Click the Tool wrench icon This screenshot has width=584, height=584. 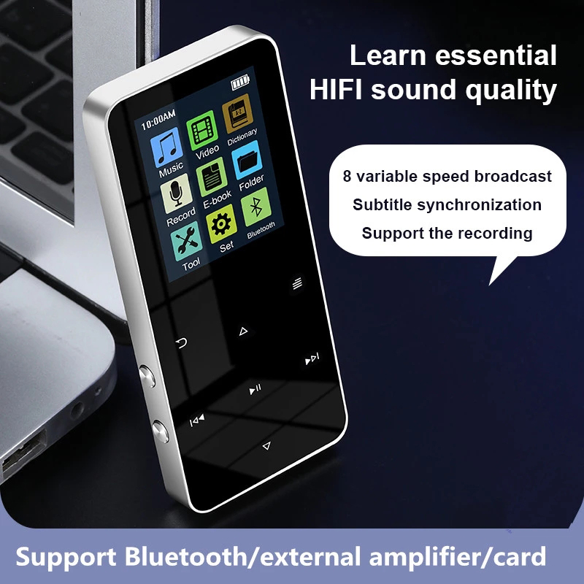pyautogui.click(x=185, y=239)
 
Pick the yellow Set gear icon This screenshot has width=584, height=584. pyautogui.click(x=222, y=223)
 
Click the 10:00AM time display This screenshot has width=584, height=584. pyautogui.click(x=158, y=115)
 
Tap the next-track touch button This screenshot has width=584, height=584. pyautogui.click(x=312, y=358)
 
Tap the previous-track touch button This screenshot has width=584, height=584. pyautogui.click(x=197, y=420)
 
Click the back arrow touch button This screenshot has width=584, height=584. pyautogui.click(x=181, y=342)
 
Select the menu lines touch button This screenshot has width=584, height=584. pyautogui.click(x=296, y=284)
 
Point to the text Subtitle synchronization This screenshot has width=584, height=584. pyautogui.click(x=447, y=205)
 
